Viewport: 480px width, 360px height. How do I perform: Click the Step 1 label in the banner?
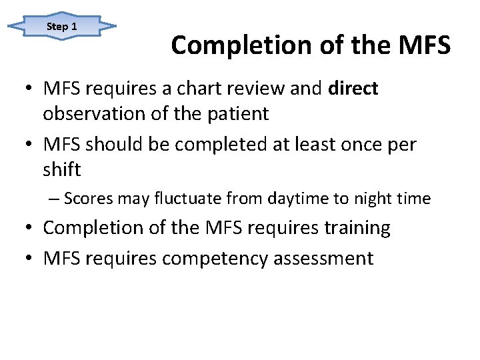pos(62,27)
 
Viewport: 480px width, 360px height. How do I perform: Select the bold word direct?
pos(353,88)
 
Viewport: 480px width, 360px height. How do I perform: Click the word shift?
pos(61,170)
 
